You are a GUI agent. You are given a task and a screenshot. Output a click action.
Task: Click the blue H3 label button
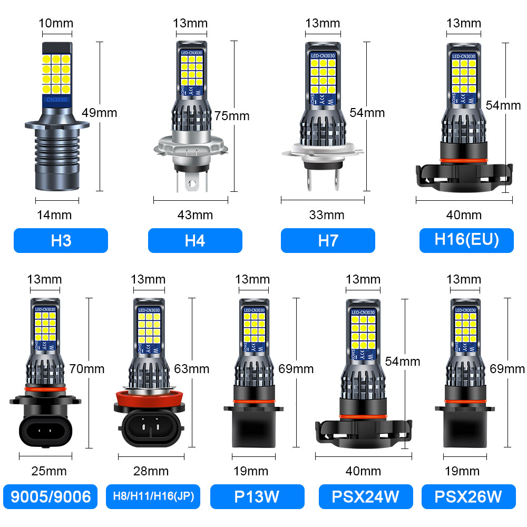click(61, 240)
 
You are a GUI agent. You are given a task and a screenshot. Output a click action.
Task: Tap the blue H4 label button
click(195, 240)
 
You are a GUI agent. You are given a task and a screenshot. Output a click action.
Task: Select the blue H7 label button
click(328, 240)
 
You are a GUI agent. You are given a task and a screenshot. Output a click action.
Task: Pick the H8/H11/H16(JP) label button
click(153, 496)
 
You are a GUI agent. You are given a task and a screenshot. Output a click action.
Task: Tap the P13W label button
click(257, 496)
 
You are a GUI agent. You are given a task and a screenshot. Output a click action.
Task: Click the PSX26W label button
click(468, 496)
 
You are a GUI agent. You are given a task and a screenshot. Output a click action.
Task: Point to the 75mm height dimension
click(232, 115)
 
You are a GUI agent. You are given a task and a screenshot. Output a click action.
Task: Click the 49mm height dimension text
click(100, 112)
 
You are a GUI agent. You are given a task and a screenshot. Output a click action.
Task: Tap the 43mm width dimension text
click(195, 214)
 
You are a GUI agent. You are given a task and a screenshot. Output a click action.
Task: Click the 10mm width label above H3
click(56, 23)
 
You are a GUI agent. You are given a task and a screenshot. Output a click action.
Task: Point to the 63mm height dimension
click(192, 368)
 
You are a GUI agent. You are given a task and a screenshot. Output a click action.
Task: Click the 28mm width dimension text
click(151, 471)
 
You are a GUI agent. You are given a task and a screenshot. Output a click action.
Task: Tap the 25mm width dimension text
click(48, 471)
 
